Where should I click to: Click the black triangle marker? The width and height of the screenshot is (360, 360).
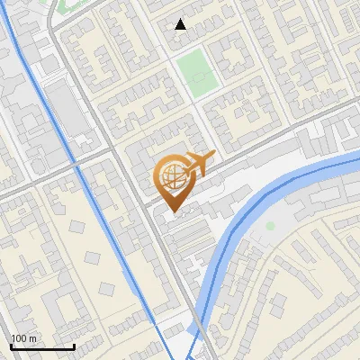(x=181, y=24)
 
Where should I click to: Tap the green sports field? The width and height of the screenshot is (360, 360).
(x=196, y=73)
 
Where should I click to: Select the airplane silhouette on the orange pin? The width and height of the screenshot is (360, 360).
(x=198, y=164)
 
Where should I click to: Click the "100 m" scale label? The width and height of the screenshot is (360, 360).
(x=24, y=338)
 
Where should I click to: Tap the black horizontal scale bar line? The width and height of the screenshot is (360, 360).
(x=42, y=346)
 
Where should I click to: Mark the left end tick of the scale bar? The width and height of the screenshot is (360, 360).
(x=11, y=345)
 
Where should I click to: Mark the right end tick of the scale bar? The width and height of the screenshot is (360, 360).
(x=74, y=345)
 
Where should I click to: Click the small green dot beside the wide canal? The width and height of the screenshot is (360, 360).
(x=269, y=225)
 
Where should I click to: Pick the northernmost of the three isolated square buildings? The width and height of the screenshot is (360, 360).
(x=92, y=257)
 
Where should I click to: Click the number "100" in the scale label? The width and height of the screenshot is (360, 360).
(x=20, y=338)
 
